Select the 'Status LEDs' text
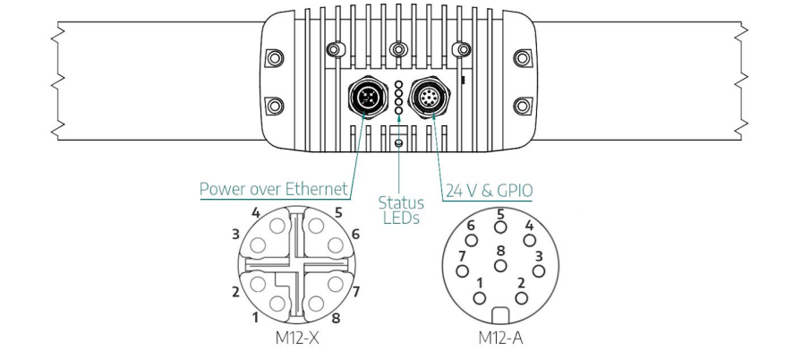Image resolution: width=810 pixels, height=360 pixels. pos(401,210)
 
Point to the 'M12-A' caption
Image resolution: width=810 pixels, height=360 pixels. pos(500,340)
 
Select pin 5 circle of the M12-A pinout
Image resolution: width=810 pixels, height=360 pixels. pos(501,227)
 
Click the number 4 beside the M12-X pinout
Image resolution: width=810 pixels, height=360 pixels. pos(256,214)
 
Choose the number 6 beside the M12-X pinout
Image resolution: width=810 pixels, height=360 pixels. pos(355,234)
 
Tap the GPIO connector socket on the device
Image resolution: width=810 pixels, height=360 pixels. pos(425,95)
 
